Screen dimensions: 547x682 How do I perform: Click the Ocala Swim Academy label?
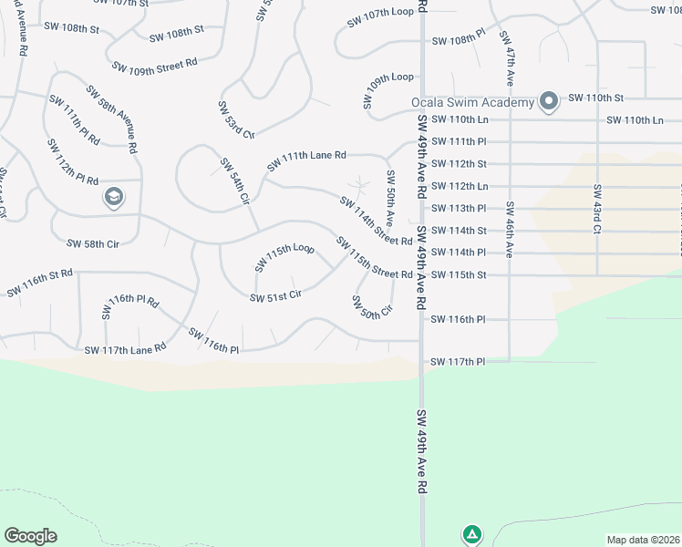[x=472, y=102]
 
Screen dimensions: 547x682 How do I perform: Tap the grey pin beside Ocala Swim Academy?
[x=549, y=100]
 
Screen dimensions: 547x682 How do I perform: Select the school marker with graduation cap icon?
[x=114, y=197]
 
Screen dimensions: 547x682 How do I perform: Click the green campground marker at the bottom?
[x=471, y=534]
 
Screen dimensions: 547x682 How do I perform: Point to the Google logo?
[x=30, y=536]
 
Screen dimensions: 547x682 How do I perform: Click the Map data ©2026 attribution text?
[x=642, y=540]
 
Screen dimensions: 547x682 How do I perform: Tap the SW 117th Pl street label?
[x=459, y=362]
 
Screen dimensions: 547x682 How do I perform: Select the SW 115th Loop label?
[x=284, y=258]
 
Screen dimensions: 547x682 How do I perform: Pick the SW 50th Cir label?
[x=371, y=307]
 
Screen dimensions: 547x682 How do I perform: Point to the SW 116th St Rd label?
[x=39, y=283]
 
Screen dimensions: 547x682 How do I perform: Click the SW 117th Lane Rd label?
[x=125, y=349]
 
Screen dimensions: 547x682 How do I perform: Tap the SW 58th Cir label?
[x=93, y=243]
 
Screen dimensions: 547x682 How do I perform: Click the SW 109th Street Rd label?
[x=154, y=66]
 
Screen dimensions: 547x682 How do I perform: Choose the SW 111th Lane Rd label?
[x=306, y=161]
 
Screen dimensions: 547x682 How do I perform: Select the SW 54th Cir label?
[x=234, y=181]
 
